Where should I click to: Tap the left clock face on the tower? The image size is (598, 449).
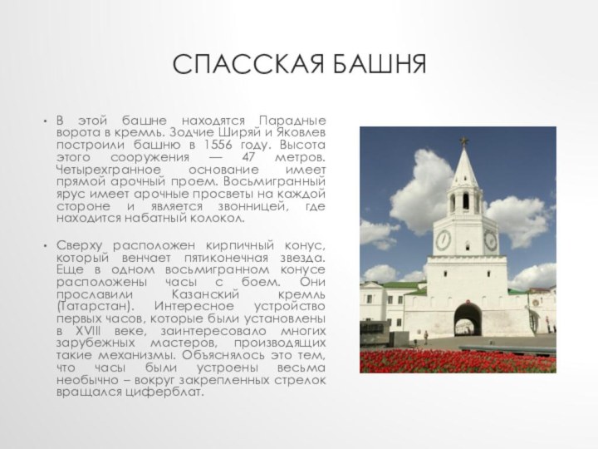coord(444,241)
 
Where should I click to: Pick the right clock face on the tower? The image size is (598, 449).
coord(491,241)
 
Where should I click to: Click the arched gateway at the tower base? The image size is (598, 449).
coord(468,320)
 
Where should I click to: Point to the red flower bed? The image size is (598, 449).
coord(457,359)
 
